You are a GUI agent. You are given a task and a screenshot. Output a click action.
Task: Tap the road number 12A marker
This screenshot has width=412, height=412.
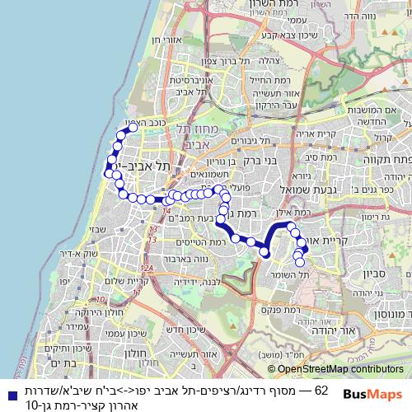coord(147,267)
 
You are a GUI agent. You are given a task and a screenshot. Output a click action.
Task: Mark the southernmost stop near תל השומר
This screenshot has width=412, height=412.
coord(300,263)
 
